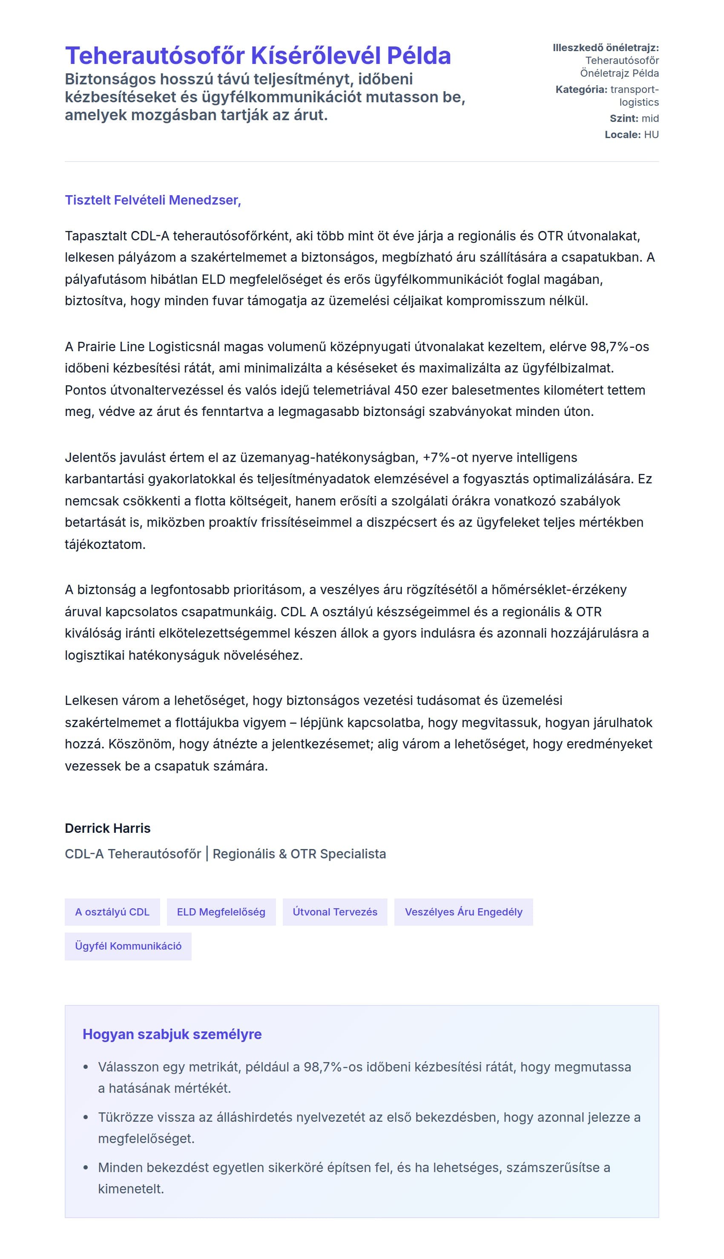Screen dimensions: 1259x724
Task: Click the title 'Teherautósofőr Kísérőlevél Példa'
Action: click(x=258, y=55)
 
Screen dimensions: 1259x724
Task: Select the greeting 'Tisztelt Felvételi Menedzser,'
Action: click(x=152, y=200)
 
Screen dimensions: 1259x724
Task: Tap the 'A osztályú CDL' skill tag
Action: click(x=112, y=912)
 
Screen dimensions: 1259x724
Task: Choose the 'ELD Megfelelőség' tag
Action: click(x=221, y=912)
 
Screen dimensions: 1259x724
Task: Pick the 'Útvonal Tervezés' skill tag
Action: click(x=335, y=912)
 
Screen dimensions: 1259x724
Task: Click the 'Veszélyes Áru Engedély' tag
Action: click(x=463, y=912)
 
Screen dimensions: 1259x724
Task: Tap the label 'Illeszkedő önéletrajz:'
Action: click(x=605, y=48)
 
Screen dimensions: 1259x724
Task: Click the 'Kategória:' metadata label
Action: click(x=581, y=90)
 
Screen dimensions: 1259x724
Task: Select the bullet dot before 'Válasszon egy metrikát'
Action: click(x=86, y=1067)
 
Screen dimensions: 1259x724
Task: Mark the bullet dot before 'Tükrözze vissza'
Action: click(x=86, y=1117)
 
